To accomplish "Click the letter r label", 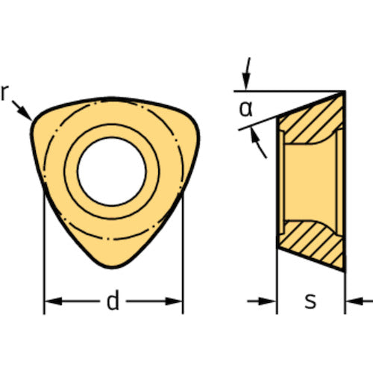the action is pos(4,93).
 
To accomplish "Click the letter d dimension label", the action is pos(113,300).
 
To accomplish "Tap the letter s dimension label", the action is pos(310,301).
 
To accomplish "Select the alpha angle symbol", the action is pos(245,109).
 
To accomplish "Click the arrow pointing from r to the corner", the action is pos(22,110).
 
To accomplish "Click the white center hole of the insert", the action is pos(112,172).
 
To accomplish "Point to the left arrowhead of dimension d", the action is pos(53,301).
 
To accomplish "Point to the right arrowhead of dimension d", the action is pos(174,301).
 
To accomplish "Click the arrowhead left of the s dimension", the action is pos(267,301).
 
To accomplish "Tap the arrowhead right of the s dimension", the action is pos(354,301).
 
